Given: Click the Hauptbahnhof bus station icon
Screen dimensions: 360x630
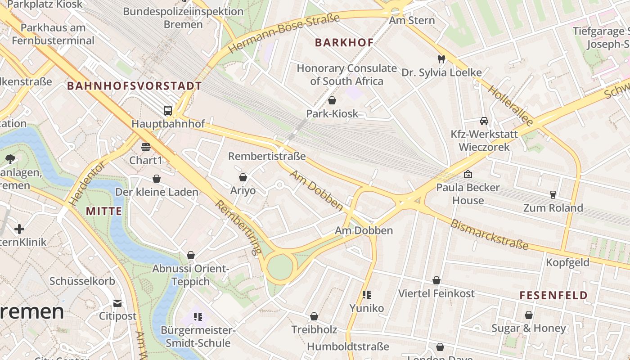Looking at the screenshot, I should point(167,110).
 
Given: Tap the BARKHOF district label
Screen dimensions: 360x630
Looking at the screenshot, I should point(344,43).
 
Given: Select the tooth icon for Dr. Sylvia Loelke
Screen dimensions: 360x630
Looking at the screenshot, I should point(441,59).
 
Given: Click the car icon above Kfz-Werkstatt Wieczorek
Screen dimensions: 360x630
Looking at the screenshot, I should point(484,121).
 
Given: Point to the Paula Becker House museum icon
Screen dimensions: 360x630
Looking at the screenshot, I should point(468,174).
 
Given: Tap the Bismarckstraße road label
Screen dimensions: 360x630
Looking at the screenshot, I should point(489,234).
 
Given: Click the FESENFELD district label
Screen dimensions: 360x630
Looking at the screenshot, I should point(553,296).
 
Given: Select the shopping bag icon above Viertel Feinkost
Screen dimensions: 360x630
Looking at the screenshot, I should point(436,281).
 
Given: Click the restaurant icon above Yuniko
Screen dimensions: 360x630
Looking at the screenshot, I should point(367,295).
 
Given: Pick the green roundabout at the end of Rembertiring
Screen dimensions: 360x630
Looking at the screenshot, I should point(280,268).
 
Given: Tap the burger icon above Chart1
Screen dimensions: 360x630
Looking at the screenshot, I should point(145,147).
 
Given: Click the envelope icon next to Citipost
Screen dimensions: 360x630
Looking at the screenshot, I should point(117,303).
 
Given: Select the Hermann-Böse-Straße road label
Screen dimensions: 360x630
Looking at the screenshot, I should point(283,33).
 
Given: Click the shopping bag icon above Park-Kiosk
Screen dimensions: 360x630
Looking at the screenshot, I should point(332,100).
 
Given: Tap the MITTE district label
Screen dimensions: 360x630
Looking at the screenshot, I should point(104,211).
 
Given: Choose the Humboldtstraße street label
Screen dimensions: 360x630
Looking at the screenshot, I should point(348,346).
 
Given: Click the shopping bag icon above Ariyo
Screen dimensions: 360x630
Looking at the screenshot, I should point(243,178).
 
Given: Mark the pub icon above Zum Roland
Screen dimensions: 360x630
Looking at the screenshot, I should point(553,195).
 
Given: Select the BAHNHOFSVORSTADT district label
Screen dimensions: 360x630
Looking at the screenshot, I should point(134,86).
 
